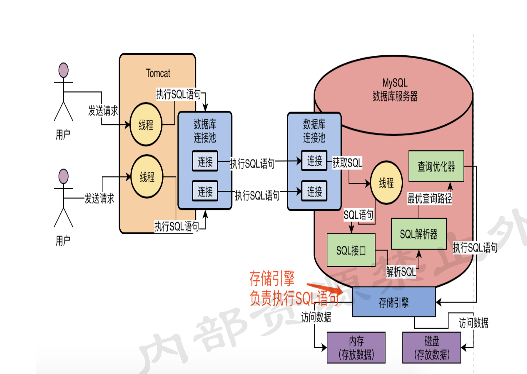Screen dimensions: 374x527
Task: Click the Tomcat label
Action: point(158,73)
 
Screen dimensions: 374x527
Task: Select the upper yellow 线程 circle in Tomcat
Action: point(146,124)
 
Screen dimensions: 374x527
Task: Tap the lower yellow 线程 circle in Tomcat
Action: point(147,176)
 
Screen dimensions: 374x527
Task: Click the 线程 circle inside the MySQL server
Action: point(386,183)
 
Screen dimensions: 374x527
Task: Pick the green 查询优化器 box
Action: point(436,166)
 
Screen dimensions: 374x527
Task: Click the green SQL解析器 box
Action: point(418,234)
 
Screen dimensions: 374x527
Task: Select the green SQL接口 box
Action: point(351,250)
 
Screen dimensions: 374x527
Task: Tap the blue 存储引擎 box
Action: point(393,302)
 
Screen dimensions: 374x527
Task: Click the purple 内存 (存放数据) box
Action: point(356,348)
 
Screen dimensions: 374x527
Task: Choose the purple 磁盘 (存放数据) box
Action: point(431,348)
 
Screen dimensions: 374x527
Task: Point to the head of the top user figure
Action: point(64,70)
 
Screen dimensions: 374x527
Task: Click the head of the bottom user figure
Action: point(64,176)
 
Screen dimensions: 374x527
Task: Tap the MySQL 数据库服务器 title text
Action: point(395,89)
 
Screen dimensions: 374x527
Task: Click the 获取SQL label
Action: point(347,163)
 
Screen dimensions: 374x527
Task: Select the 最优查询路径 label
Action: point(430,198)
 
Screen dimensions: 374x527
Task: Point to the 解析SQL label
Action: point(401,272)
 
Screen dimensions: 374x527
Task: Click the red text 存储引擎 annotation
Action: point(272,278)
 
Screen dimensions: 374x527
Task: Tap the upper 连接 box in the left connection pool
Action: point(205,161)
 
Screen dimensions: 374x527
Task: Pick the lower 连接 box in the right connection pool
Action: point(314,191)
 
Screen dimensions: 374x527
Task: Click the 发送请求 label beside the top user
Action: point(103,111)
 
